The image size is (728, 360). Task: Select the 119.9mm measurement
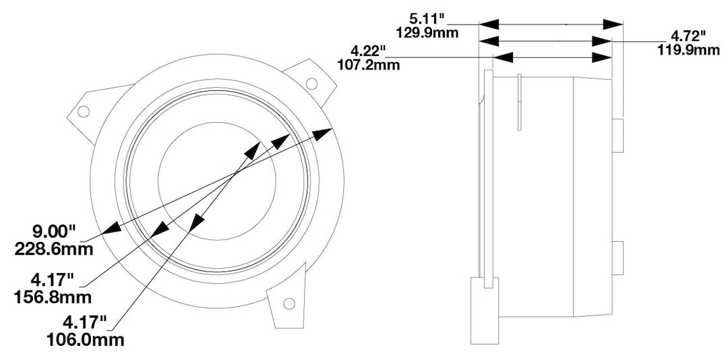687,49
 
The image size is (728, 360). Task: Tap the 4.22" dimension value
367,51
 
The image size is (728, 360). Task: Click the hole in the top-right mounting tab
311,83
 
